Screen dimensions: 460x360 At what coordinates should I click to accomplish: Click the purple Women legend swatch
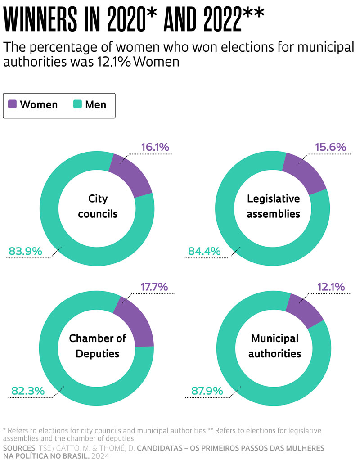pos(13,104)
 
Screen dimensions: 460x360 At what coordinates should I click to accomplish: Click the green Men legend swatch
pos(77,104)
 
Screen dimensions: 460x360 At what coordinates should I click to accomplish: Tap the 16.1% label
pos(155,147)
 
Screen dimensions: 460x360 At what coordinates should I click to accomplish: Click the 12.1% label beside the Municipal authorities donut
pos(331,287)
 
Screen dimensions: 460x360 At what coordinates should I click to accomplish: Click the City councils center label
pos(98,206)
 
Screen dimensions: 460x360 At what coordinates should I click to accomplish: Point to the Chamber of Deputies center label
pos(98,346)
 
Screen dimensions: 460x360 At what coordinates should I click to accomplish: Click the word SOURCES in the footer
pos(19,448)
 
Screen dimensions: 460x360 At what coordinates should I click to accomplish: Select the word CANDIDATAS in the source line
pos(164,448)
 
